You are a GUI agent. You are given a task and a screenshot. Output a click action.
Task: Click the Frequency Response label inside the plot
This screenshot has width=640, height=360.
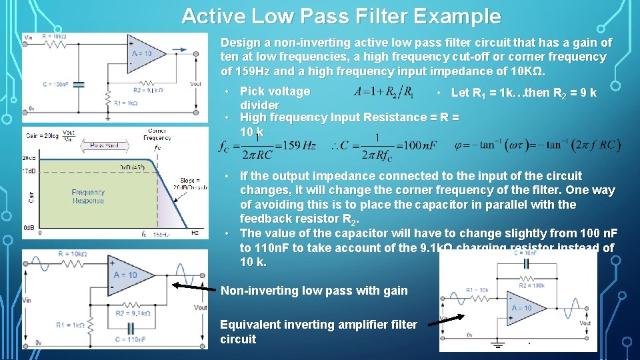[89, 196]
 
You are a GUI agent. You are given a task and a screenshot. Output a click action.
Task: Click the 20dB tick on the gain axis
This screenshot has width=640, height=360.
[29, 159]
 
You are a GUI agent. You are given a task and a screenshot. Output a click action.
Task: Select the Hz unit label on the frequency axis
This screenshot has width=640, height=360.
[195, 233]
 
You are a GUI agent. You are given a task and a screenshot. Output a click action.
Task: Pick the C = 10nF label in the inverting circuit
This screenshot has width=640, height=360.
[526, 252]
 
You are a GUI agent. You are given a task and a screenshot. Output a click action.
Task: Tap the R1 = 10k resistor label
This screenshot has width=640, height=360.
[478, 291]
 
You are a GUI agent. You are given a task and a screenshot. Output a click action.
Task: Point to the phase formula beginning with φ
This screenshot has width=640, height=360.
[537, 145]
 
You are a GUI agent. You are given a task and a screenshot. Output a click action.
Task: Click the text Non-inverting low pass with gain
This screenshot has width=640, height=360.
[314, 290]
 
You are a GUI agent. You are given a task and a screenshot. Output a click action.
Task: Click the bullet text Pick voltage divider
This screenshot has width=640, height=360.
[275, 98]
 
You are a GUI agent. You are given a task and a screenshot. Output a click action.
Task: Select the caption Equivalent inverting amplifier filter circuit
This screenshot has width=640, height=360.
[319, 332]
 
